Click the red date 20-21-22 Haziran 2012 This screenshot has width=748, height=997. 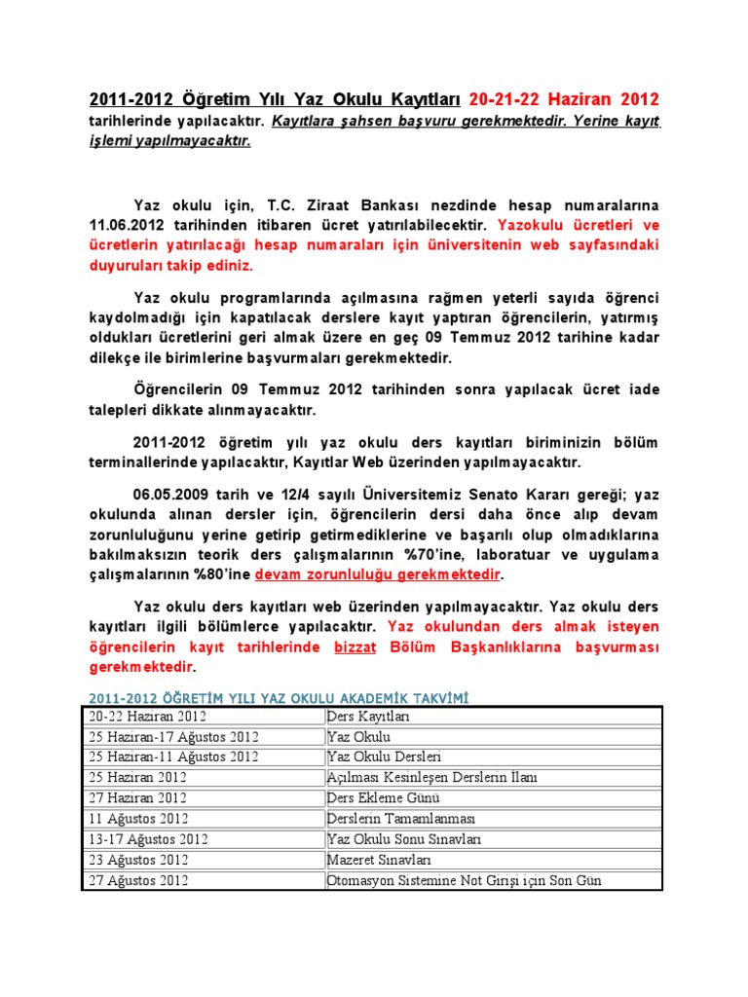click(x=564, y=99)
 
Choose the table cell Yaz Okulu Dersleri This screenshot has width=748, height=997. click(x=384, y=757)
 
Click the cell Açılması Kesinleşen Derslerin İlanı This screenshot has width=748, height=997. click(x=431, y=777)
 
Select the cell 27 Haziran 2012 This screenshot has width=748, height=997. click(x=135, y=797)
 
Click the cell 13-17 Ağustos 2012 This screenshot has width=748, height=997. click(x=145, y=838)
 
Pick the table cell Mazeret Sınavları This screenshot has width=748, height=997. click(x=380, y=860)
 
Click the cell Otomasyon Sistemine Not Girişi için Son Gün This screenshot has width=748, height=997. click(x=464, y=880)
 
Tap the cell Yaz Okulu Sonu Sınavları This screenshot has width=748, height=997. click(x=403, y=838)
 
